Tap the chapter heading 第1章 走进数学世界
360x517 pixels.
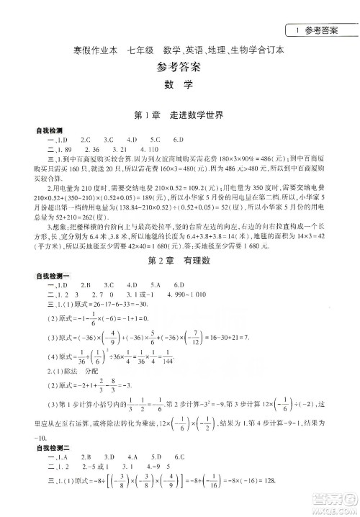(179, 115)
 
